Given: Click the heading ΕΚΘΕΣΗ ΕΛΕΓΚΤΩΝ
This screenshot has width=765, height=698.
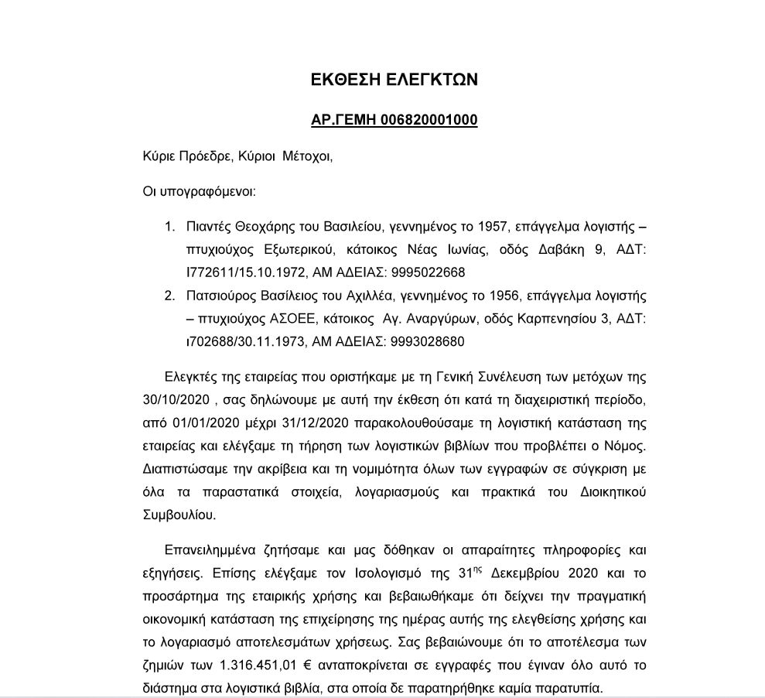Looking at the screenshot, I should click(394, 79).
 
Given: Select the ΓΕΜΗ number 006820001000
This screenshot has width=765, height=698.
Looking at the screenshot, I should click(429, 120).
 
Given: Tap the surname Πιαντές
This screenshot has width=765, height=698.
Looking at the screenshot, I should click(210, 227).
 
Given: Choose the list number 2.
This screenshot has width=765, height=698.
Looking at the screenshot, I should click(169, 296).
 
